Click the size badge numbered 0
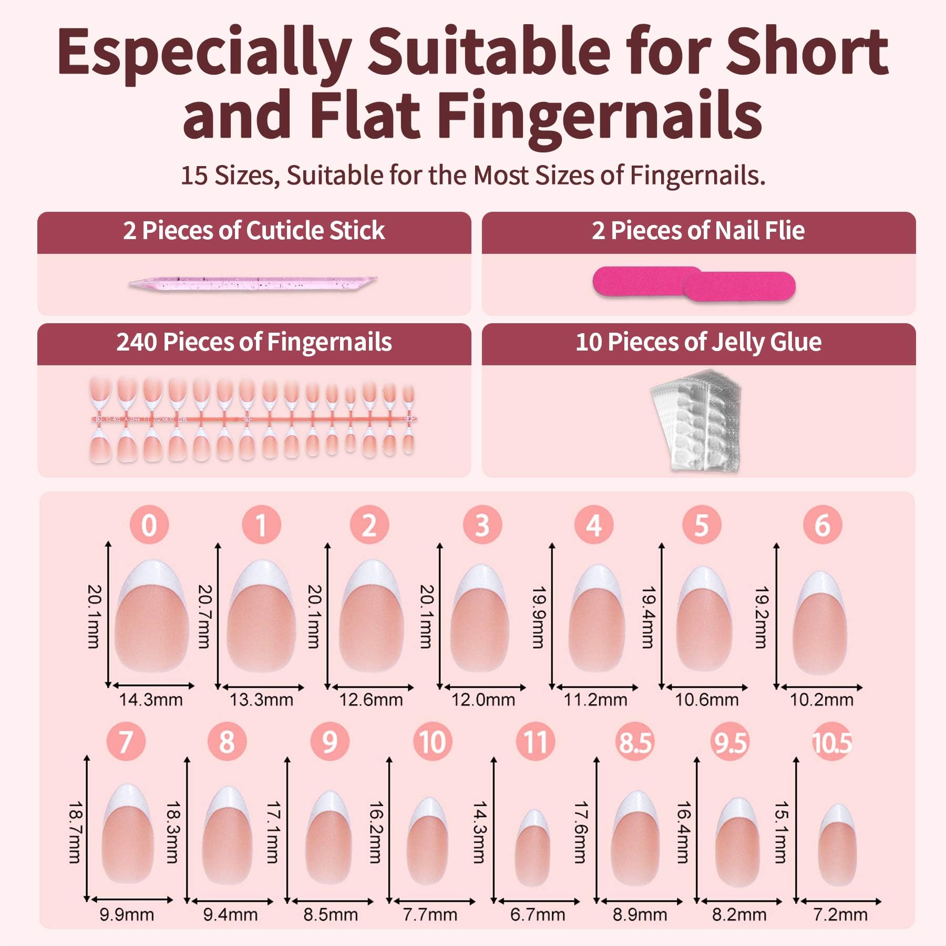149,525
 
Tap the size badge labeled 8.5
635,742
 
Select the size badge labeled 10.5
832,742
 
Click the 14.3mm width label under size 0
151,700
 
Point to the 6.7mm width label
537,914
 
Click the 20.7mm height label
204,616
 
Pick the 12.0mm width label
483,700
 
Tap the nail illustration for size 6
821,623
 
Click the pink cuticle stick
253,283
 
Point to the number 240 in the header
137,342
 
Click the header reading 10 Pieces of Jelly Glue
698,343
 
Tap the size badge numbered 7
126,742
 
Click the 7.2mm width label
840,914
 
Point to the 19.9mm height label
538,617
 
